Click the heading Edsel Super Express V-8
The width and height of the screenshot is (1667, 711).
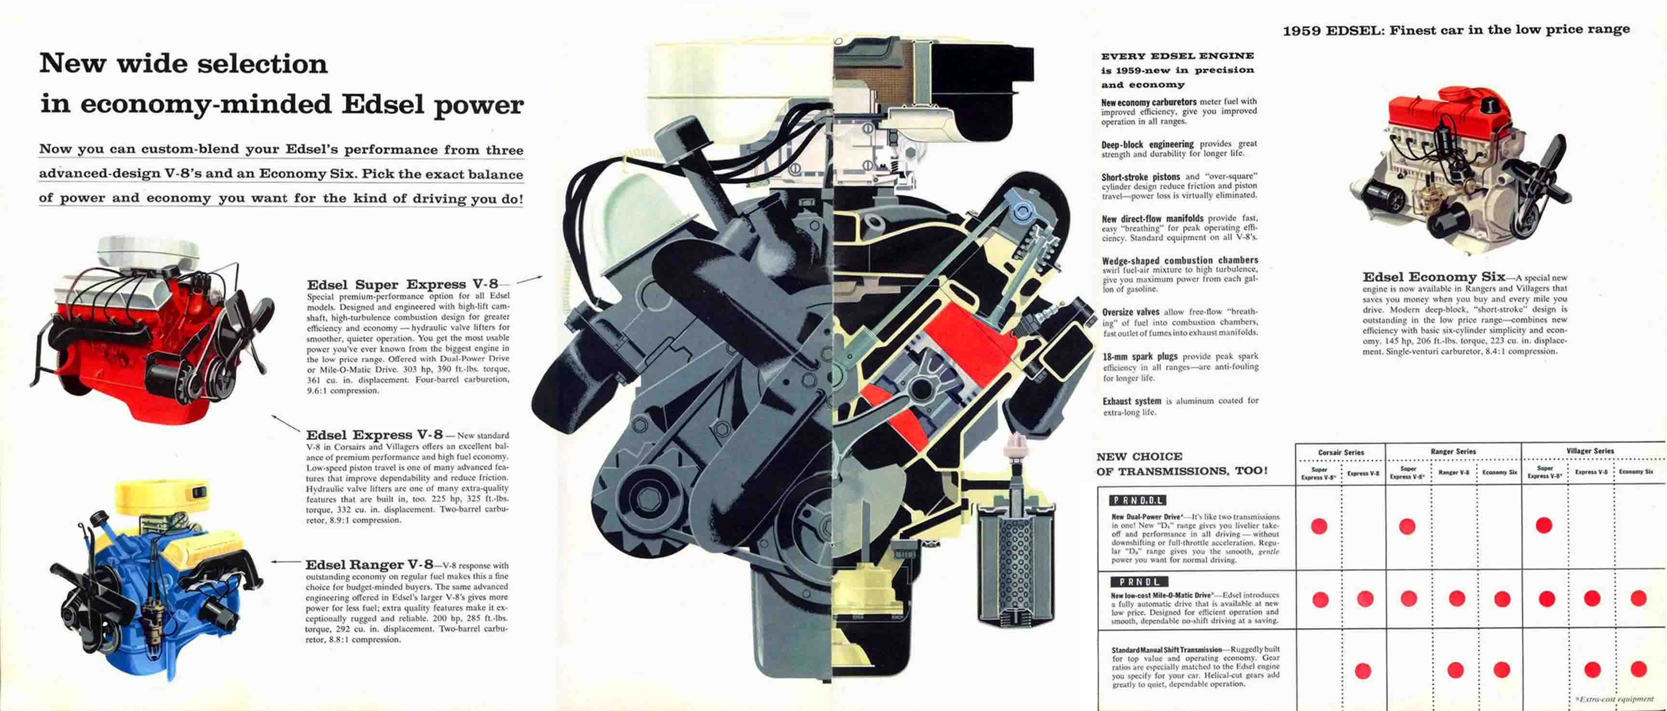[402, 285]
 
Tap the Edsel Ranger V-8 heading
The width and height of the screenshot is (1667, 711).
[369, 565]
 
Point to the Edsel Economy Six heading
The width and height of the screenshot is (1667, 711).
[1434, 277]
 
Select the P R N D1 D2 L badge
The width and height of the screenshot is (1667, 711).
[1138, 500]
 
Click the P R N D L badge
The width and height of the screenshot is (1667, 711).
[1138, 582]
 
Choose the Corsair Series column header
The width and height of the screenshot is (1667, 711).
[1341, 452]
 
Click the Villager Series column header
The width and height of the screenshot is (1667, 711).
[1590, 451]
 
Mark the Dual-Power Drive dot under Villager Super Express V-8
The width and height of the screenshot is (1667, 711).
[1544, 525]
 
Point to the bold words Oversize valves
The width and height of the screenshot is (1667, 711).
[1131, 312]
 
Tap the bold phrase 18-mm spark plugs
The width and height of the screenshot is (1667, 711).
[1140, 356]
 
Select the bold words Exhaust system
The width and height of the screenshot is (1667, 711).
[1132, 401]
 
